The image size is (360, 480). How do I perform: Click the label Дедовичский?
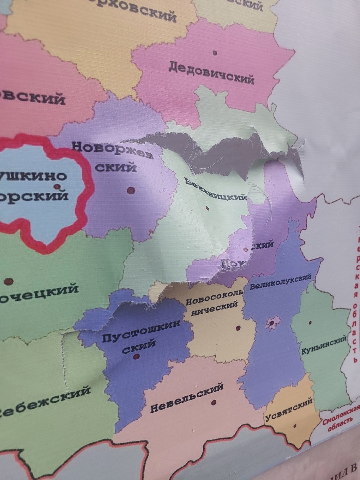click(211, 73)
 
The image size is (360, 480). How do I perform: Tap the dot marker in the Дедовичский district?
click(215, 53)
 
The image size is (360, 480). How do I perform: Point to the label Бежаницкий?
click(216, 189)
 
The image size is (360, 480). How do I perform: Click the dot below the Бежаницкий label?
click(207, 208)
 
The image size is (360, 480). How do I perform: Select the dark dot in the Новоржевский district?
click(130, 190)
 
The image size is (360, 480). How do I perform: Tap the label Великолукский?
click(280, 282)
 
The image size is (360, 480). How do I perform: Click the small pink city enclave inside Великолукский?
click(273, 323)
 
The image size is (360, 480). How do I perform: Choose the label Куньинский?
click(323, 346)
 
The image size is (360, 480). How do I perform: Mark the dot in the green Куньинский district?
click(310, 322)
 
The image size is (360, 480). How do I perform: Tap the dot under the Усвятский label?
click(295, 426)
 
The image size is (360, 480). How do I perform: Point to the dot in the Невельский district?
click(214, 402)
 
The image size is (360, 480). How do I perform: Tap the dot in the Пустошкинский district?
click(136, 357)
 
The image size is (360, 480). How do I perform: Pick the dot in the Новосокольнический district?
click(238, 328)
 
